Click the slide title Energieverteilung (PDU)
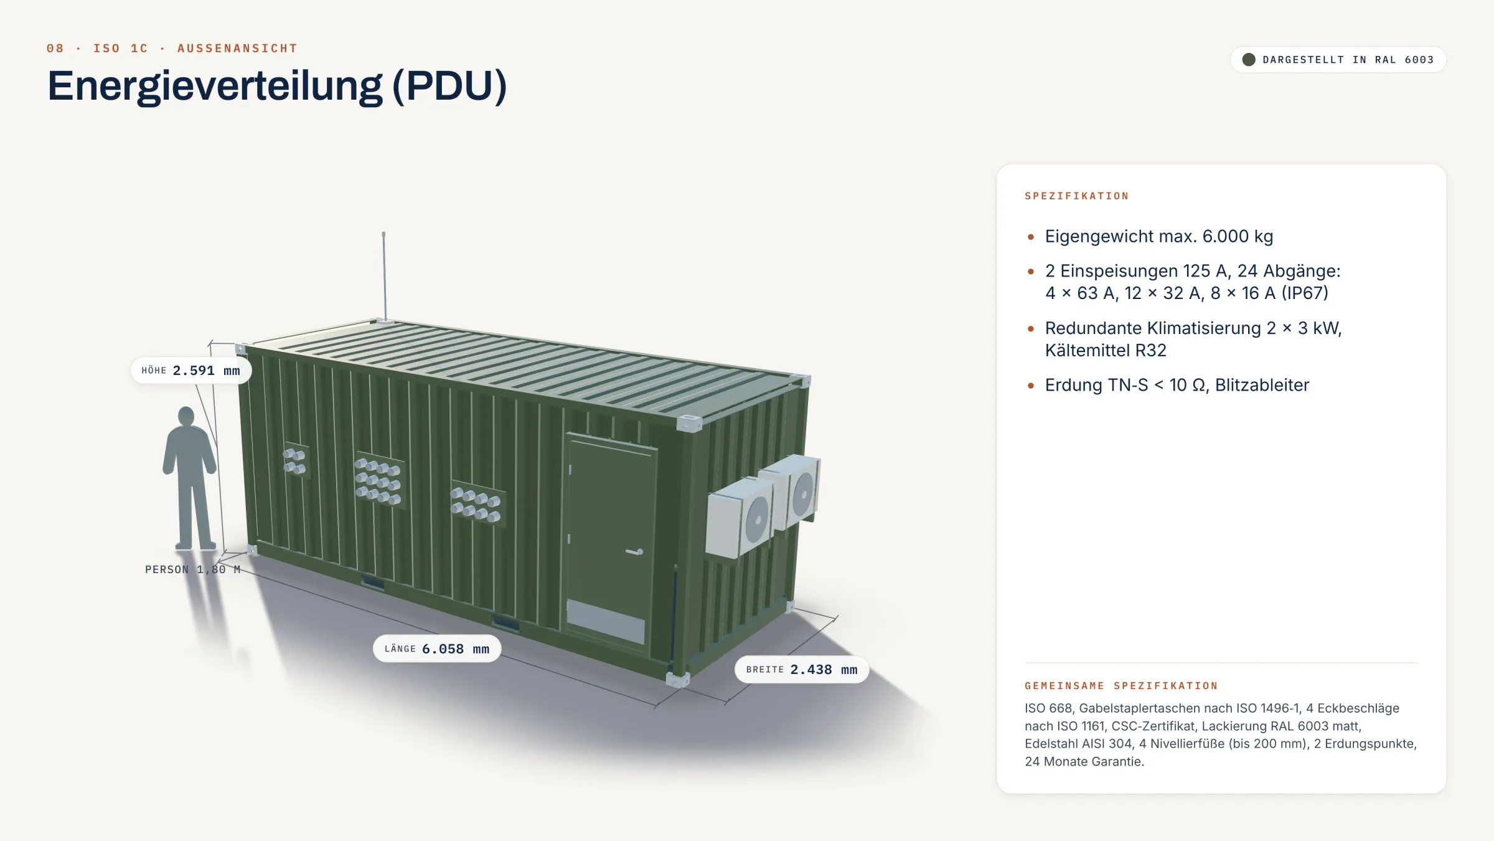point(277,86)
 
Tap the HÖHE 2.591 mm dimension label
point(190,371)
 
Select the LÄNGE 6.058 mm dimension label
point(437,649)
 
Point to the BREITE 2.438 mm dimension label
point(802,669)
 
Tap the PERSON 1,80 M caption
point(193,569)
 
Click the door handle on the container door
point(635,552)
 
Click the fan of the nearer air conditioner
point(757,520)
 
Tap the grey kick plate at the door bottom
point(605,621)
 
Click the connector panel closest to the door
point(477,503)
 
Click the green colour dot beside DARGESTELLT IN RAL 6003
point(1249,60)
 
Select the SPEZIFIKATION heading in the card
point(1077,196)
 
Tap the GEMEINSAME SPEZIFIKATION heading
point(1121,686)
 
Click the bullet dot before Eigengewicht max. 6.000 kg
point(1031,237)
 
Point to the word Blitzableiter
point(1262,385)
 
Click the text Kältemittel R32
point(1106,350)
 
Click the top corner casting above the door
point(688,423)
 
